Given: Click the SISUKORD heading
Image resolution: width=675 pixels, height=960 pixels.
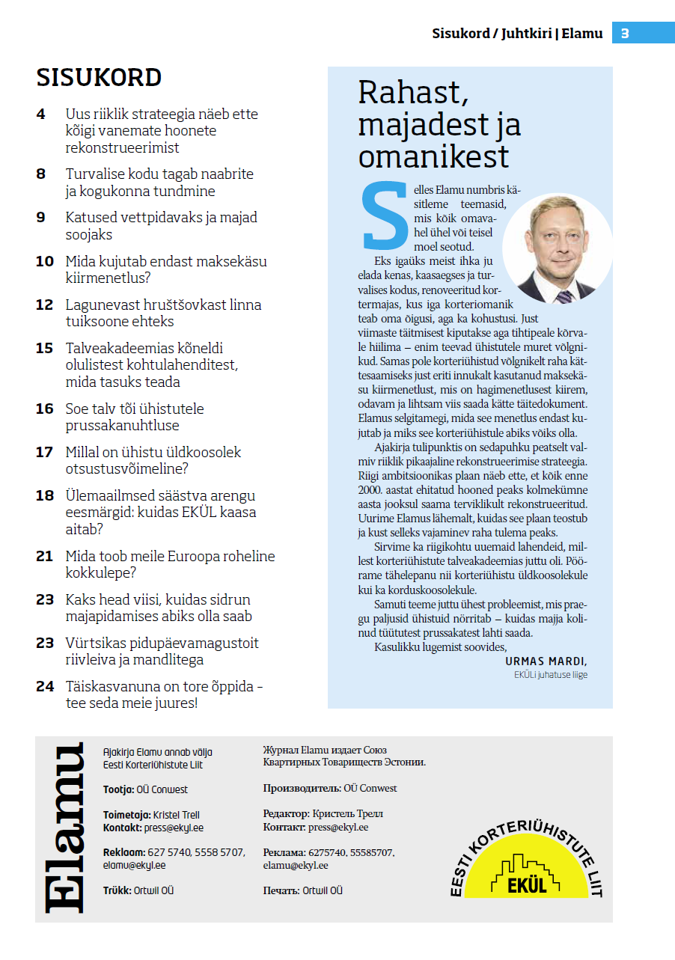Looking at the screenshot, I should coord(99,78).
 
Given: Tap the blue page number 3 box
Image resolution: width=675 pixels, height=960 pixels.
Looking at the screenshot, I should coord(625,33).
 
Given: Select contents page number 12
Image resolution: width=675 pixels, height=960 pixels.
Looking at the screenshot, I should coord(45,305).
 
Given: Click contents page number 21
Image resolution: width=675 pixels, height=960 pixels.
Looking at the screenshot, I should coord(45,557).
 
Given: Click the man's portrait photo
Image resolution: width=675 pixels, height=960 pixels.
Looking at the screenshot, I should coord(558,248).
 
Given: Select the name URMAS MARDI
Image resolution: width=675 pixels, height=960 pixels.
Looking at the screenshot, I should coord(546,661).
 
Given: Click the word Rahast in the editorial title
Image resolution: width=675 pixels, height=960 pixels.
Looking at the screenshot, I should coord(413,93).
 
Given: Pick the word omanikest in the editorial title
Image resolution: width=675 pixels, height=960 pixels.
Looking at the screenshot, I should coord(433,156).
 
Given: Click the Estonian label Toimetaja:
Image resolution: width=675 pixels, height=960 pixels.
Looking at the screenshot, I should coord(126,815).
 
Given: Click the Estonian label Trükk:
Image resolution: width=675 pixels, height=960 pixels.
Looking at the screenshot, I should coord(117,890).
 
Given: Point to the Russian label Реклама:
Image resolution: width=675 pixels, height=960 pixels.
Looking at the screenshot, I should coord(284,853).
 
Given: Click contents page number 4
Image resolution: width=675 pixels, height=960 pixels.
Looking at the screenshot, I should coord(40,114).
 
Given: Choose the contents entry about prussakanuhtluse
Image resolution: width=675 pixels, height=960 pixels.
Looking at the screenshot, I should coord(135,417).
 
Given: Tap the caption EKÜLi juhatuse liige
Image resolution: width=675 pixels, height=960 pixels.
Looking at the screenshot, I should coord(550,675).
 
